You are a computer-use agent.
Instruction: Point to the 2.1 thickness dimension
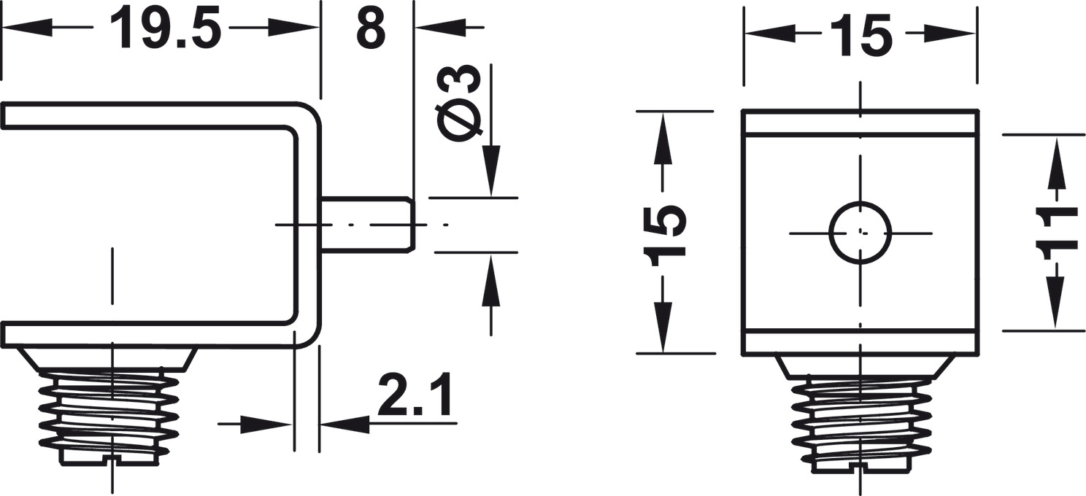tap(415, 394)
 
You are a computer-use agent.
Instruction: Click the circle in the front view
tap(860, 233)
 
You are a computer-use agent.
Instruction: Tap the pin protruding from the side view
tap(368, 224)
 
